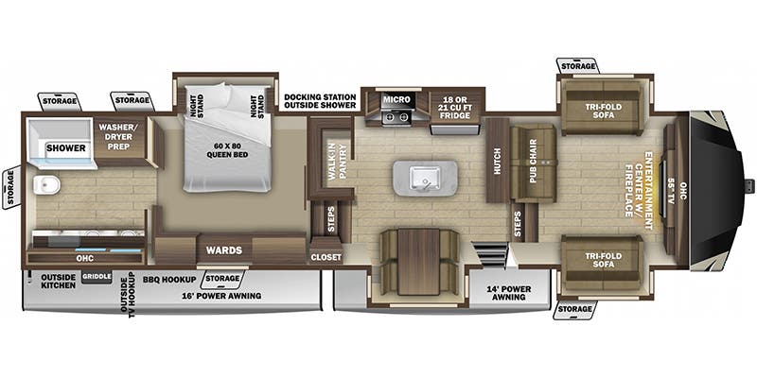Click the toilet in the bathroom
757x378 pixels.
(x=47, y=184)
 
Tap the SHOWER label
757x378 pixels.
(x=66, y=148)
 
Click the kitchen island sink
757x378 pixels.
(x=425, y=178)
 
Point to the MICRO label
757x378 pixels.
(x=396, y=99)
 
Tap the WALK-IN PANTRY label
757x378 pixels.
(x=338, y=162)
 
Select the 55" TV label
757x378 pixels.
(x=671, y=191)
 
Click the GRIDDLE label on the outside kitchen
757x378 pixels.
(x=97, y=276)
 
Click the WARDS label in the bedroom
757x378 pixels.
(x=224, y=250)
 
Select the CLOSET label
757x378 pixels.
(x=326, y=257)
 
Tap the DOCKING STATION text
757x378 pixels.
(x=320, y=96)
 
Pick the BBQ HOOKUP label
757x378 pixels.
(x=169, y=279)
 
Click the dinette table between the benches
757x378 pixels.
(x=418, y=262)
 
